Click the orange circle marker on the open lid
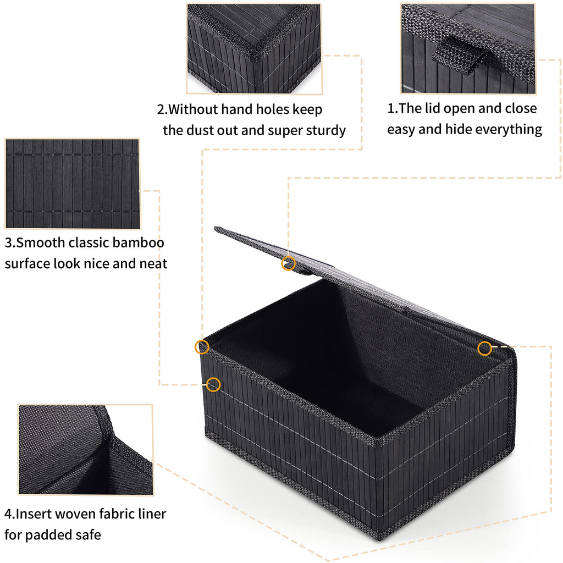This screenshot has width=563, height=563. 288,263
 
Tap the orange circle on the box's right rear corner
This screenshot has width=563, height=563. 484,347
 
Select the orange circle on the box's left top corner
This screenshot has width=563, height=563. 202,346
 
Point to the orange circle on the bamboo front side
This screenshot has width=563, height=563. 213,384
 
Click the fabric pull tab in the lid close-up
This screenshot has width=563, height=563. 459,52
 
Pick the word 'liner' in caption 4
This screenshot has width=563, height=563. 149,514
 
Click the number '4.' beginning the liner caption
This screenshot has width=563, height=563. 9,515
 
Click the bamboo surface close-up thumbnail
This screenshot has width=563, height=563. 72,184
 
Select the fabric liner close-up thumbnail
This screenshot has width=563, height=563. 85,449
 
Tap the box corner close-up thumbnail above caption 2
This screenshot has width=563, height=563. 253,48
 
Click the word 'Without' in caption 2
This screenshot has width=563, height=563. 193,109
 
